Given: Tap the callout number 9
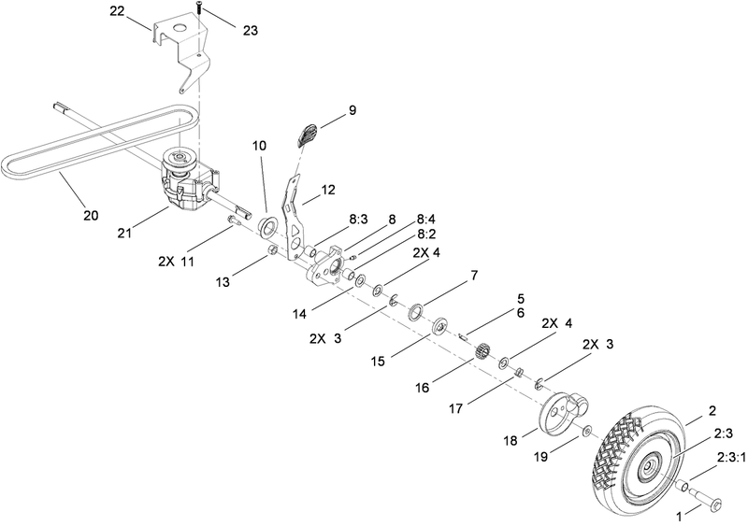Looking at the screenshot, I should (352, 110).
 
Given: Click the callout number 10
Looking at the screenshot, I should (259, 146).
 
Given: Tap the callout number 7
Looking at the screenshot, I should (474, 276).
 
